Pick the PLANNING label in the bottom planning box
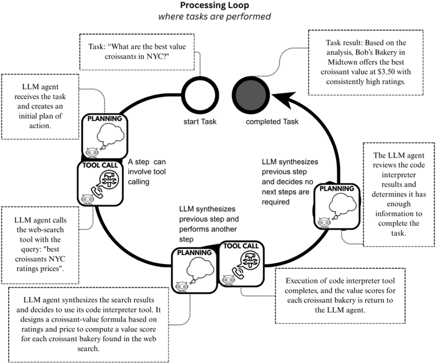194,252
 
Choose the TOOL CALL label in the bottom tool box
241,246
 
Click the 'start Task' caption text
200,121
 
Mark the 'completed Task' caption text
272,121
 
